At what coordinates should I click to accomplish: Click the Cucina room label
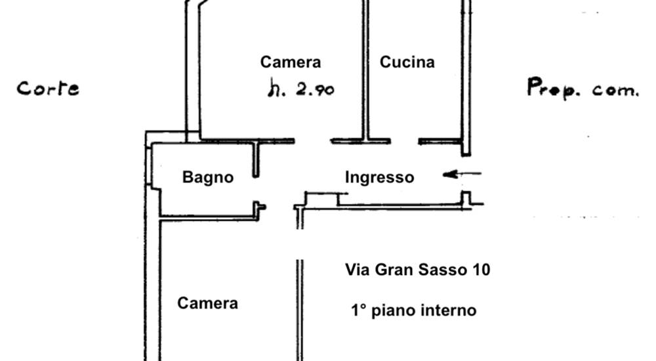tap(407, 62)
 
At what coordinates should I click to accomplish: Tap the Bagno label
tap(208, 177)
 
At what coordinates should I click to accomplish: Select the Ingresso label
tap(380, 177)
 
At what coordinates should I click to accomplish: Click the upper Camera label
tap(291, 62)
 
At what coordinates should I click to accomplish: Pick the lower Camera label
tap(207, 303)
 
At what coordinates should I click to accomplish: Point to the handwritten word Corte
tap(48, 89)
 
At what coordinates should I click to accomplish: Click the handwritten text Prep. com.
tap(583, 89)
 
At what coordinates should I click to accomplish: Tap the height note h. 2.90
tap(301, 89)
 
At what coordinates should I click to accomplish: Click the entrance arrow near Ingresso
tap(462, 174)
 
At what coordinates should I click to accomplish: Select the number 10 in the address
tap(480, 270)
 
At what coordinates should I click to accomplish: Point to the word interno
tap(449, 310)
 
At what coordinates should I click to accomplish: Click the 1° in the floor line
tap(358, 310)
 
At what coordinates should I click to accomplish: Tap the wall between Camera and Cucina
tap(365, 69)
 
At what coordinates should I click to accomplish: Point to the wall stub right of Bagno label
tap(256, 159)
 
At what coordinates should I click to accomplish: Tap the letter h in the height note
tap(272, 89)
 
